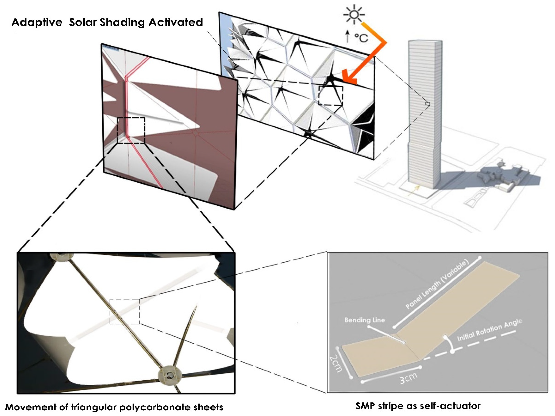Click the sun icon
click(354, 15)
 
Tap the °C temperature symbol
click(361, 38)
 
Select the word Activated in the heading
click(176, 22)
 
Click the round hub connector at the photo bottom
click(168, 375)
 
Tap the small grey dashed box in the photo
click(124, 311)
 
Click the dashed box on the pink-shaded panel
click(131, 130)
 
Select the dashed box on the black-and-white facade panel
click(330, 95)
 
